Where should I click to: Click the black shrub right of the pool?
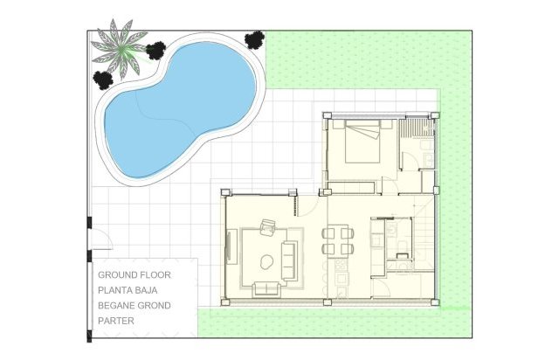(x=254, y=38)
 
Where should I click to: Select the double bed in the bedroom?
(x=362, y=143)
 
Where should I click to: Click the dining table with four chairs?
(x=338, y=241)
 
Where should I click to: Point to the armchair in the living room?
(x=268, y=226)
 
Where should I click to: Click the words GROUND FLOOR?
(x=135, y=274)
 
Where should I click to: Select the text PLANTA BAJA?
(x=133, y=290)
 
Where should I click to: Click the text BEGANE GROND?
(x=135, y=306)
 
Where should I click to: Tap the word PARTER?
(x=115, y=322)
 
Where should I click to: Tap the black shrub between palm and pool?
(x=156, y=51)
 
